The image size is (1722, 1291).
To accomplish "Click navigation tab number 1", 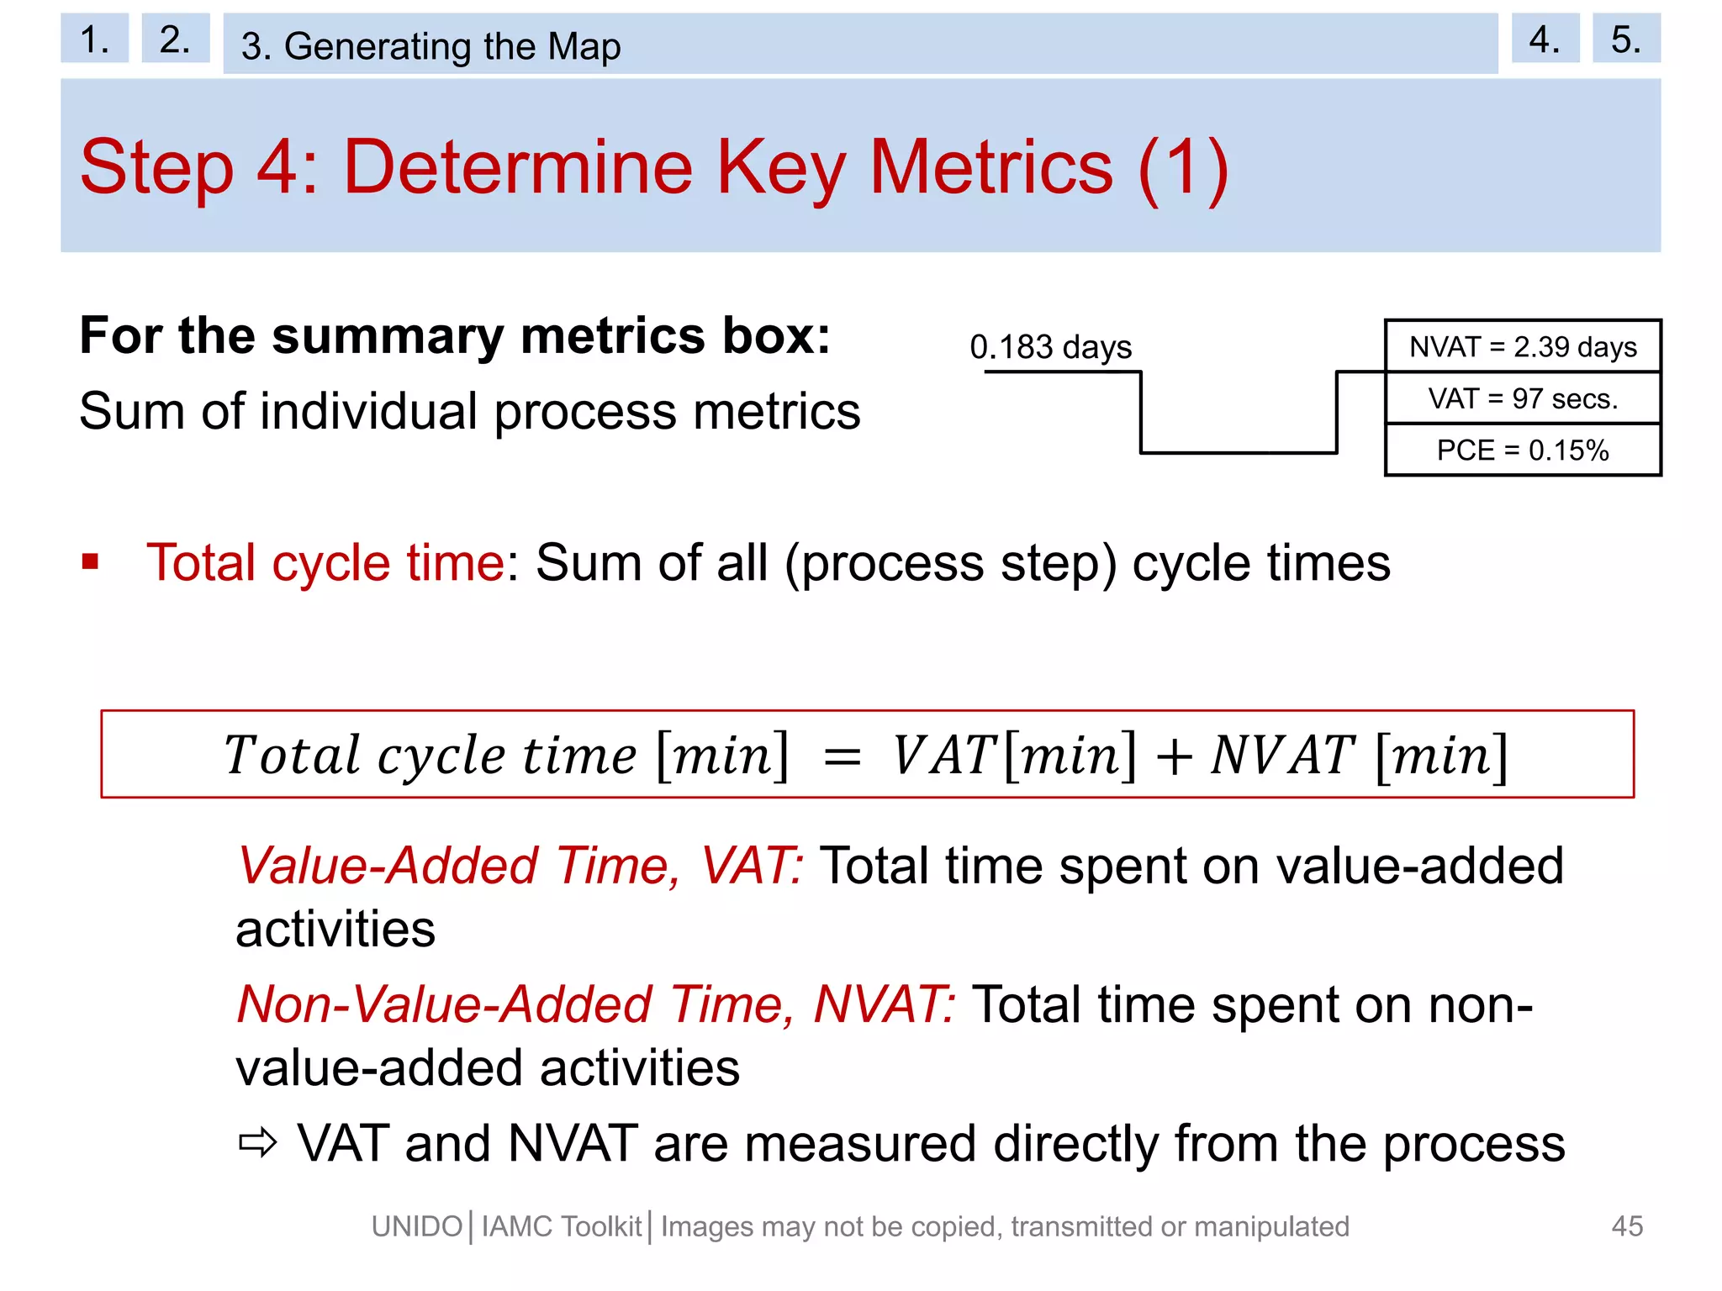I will (x=94, y=39).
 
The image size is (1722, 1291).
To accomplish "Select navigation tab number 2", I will (x=175, y=39).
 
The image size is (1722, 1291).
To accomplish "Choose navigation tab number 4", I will (x=1545, y=39).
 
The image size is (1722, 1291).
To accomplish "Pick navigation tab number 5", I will (x=1626, y=39).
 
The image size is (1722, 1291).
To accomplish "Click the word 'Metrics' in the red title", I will (x=990, y=167).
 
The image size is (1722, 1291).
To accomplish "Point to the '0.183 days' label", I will (x=1050, y=346).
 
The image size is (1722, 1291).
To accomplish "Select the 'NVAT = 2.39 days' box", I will (x=1523, y=346).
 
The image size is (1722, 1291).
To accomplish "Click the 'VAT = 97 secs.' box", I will (x=1523, y=398).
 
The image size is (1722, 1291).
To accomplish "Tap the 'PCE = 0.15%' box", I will (x=1523, y=451).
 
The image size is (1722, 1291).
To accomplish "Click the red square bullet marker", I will (x=91, y=561).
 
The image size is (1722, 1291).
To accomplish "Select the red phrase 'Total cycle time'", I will (x=325, y=562).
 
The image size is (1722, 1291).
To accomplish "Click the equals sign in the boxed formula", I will (x=842, y=756).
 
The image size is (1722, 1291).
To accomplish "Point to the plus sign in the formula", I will (x=1174, y=756).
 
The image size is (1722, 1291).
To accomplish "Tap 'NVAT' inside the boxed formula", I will (x=1281, y=755).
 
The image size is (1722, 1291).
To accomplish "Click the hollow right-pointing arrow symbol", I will (x=257, y=1143).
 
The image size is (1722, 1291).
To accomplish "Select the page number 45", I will (x=1627, y=1226).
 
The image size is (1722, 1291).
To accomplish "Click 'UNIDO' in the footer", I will (x=417, y=1227).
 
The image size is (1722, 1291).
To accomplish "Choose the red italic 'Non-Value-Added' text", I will (x=445, y=1004).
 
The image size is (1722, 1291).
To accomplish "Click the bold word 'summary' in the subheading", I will (x=388, y=336).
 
